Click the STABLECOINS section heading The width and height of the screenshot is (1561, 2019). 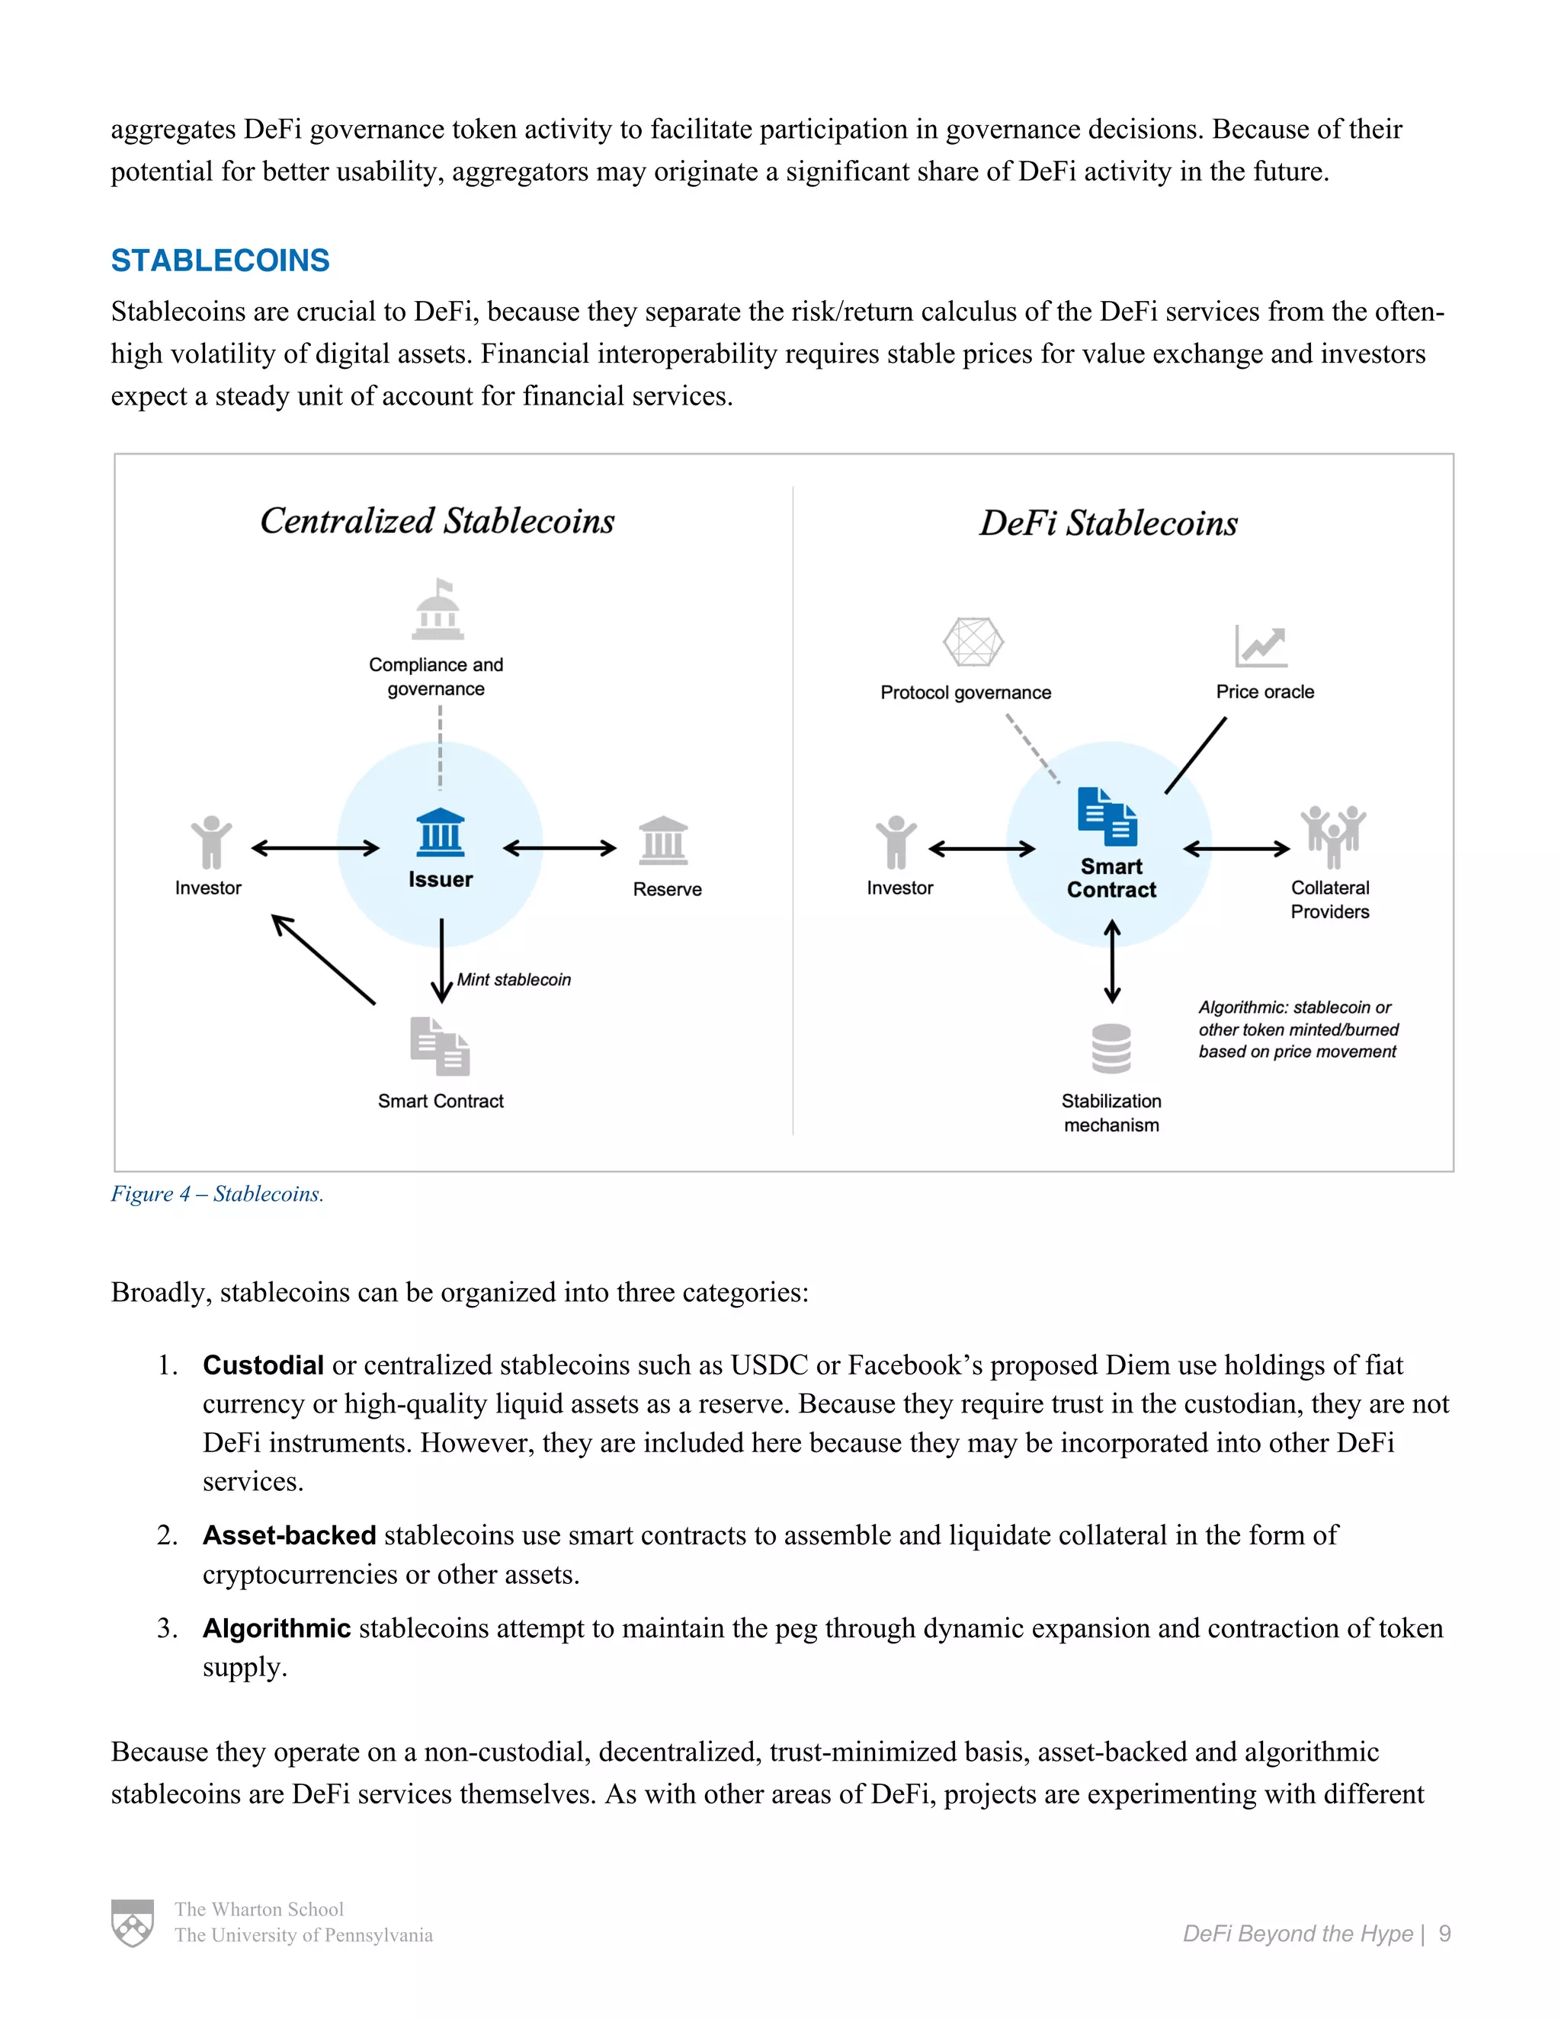pyautogui.click(x=220, y=261)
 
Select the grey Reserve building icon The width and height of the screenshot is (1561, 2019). pyautogui.click(x=663, y=840)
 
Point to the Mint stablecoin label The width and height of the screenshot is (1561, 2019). pyautogui.click(x=514, y=980)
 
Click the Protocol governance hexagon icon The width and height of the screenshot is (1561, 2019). pyautogui.click(x=973, y=642)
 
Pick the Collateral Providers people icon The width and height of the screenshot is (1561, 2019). pyautogui.click(x=1332, y=836)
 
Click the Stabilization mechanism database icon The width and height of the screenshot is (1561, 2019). pyautogui.click(x=1111, y=1048)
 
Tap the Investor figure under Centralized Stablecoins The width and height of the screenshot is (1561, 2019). pyautogui.click(x=211, y=842)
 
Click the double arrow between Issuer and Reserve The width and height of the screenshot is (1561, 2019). pyautogui.click(x=559, y=848)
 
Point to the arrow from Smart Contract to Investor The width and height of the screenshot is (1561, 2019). pyautogui.click(x=324, y=959)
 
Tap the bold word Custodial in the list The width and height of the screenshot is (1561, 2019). pyautogui.click(x=263, y=1365)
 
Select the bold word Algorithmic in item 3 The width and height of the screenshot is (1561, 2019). pyautogui.click(x=277, y=1628)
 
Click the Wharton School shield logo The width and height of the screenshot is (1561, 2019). pyautogui.click(x=132, y=1923)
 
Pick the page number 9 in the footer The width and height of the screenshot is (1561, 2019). pyautogui.click(x=1444, y=1934)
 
